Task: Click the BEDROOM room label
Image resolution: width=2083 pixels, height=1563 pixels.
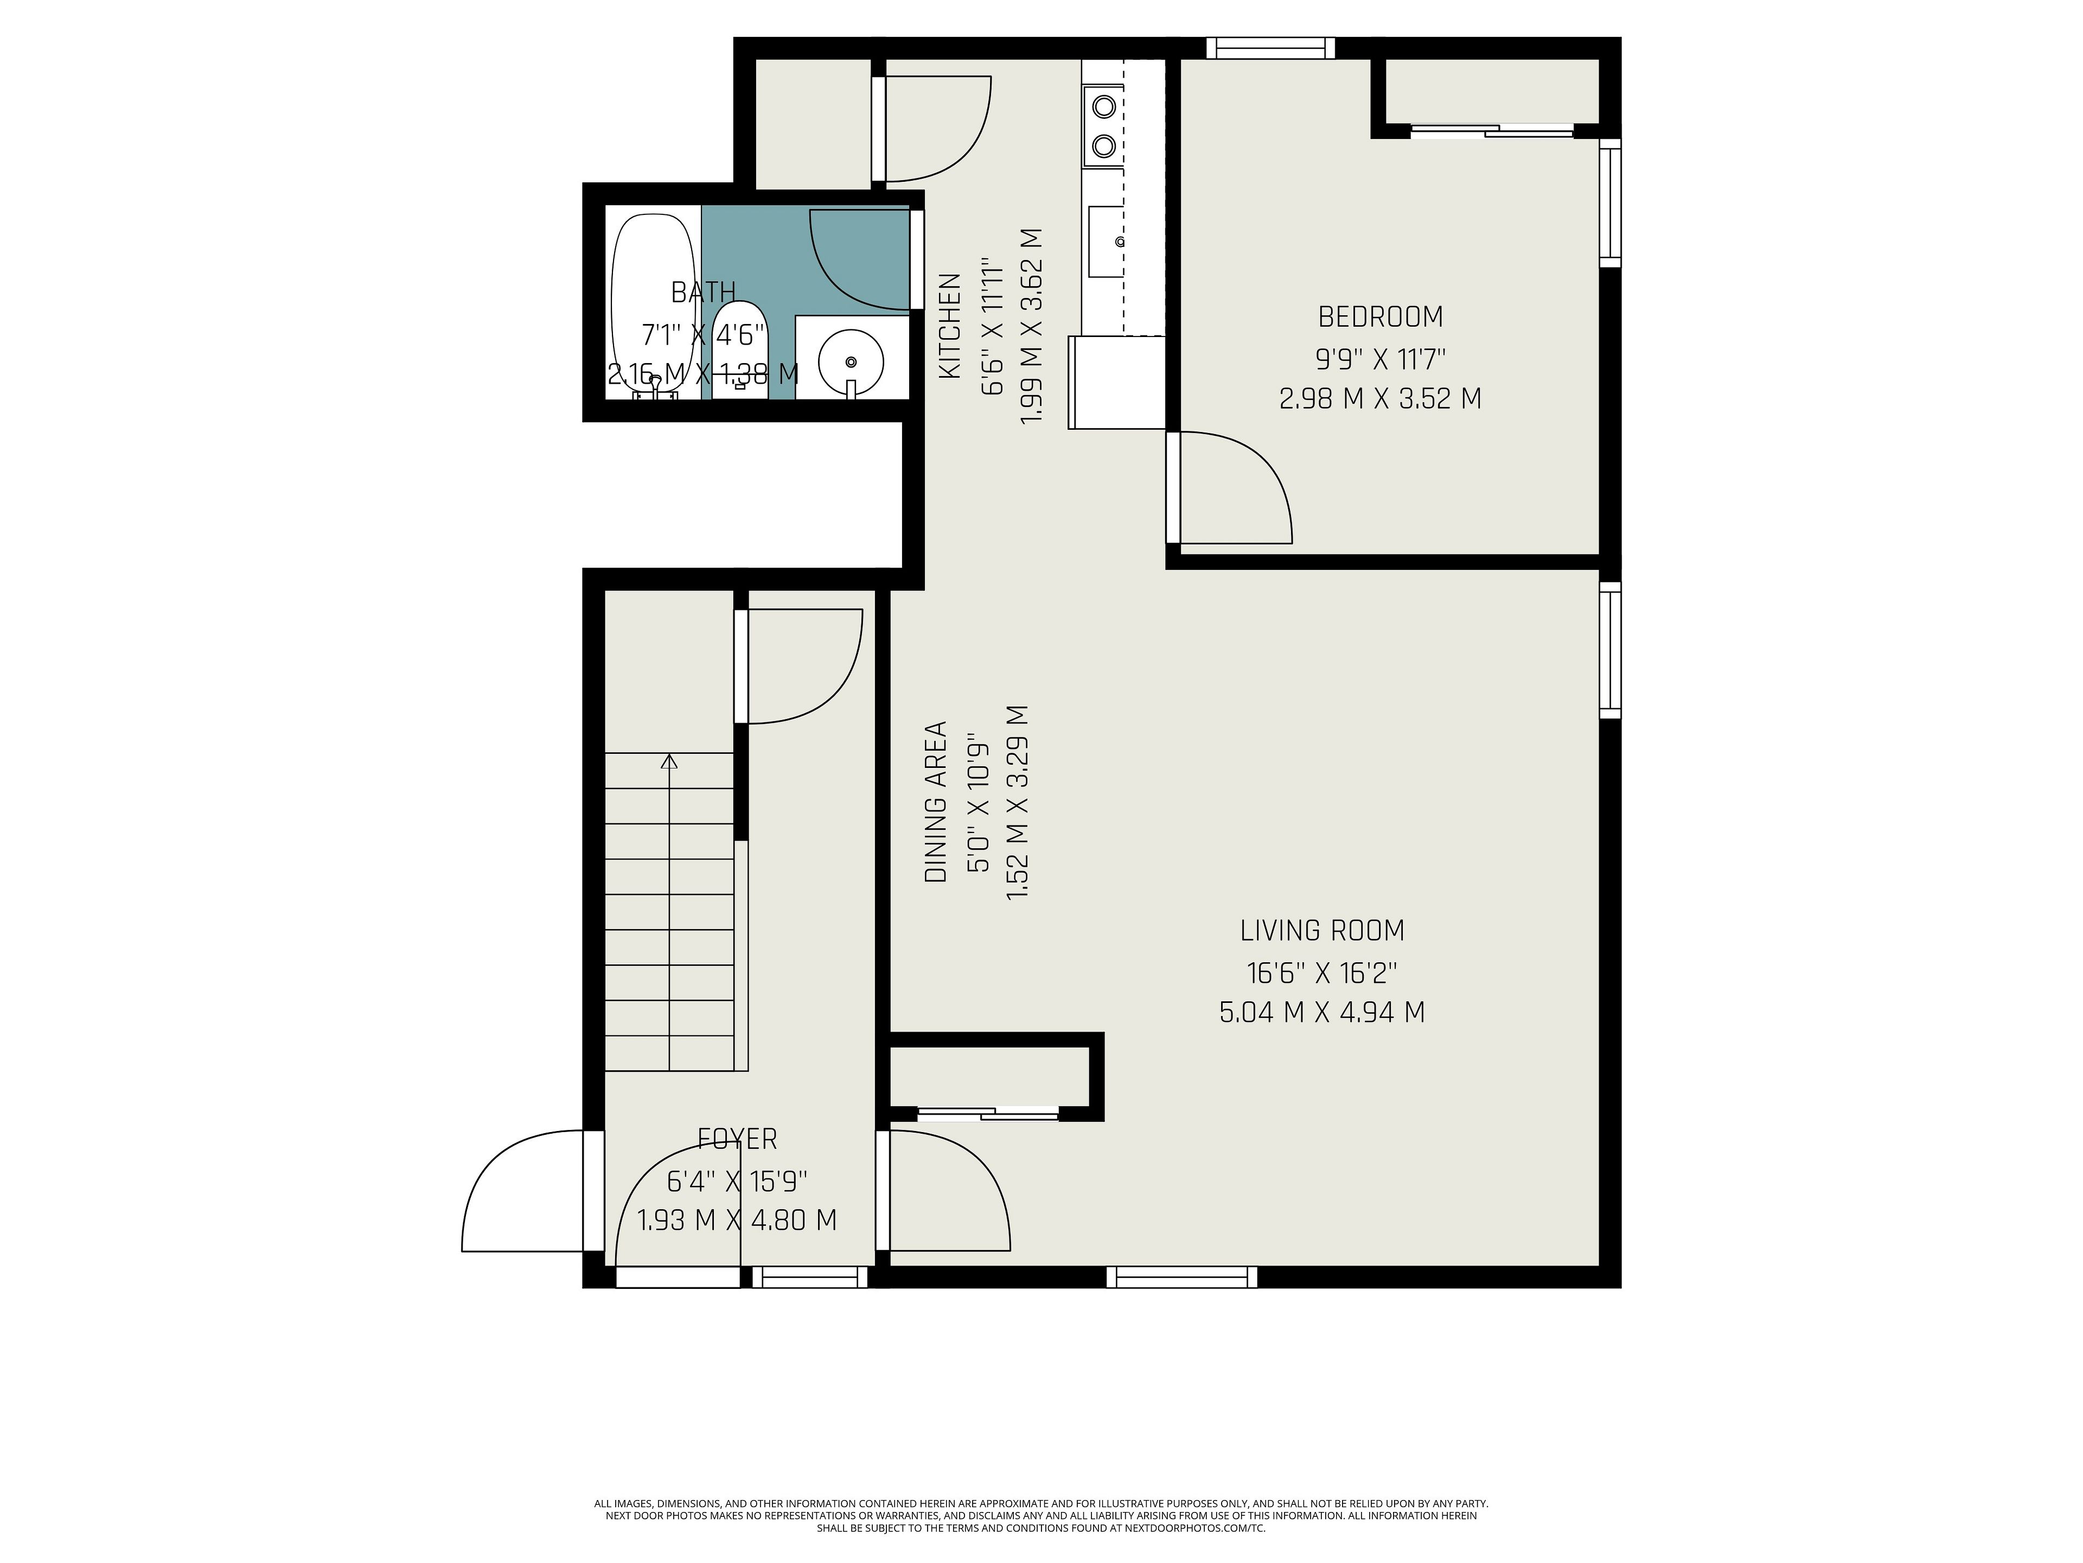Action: click(x=1379, y=316)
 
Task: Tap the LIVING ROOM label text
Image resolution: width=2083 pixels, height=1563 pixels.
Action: click(x=1322, y=931)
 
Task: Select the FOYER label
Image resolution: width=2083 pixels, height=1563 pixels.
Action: click(x=737, y=1139)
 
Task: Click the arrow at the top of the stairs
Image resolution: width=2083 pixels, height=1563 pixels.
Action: click(x=669, y=761)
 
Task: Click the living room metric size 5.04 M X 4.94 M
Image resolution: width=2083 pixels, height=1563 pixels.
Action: click(x=1322, y=1013)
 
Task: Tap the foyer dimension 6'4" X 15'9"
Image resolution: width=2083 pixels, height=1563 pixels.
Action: click(x=737, y=1180)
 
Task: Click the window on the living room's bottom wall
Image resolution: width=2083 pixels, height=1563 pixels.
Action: click(x=1182, y=1276)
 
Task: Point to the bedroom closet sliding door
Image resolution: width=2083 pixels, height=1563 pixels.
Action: click(x=1492, y=131)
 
